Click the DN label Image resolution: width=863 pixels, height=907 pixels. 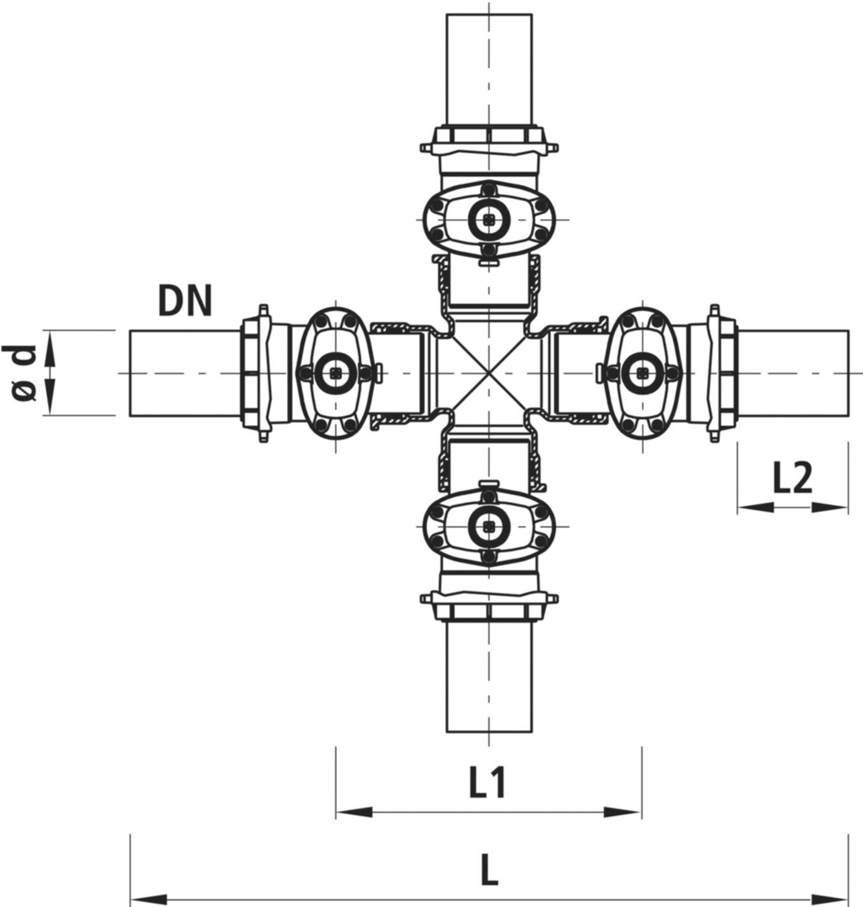(185, 301)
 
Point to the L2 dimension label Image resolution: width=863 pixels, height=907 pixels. (792, 479)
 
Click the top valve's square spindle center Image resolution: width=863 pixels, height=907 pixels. (489, 220)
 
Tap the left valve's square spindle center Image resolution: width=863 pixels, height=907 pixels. (335, 373)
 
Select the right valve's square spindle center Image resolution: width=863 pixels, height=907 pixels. (642, 373)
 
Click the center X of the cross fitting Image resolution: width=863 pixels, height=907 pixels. (489, 373)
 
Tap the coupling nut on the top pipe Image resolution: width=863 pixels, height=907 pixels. (489, 136)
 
